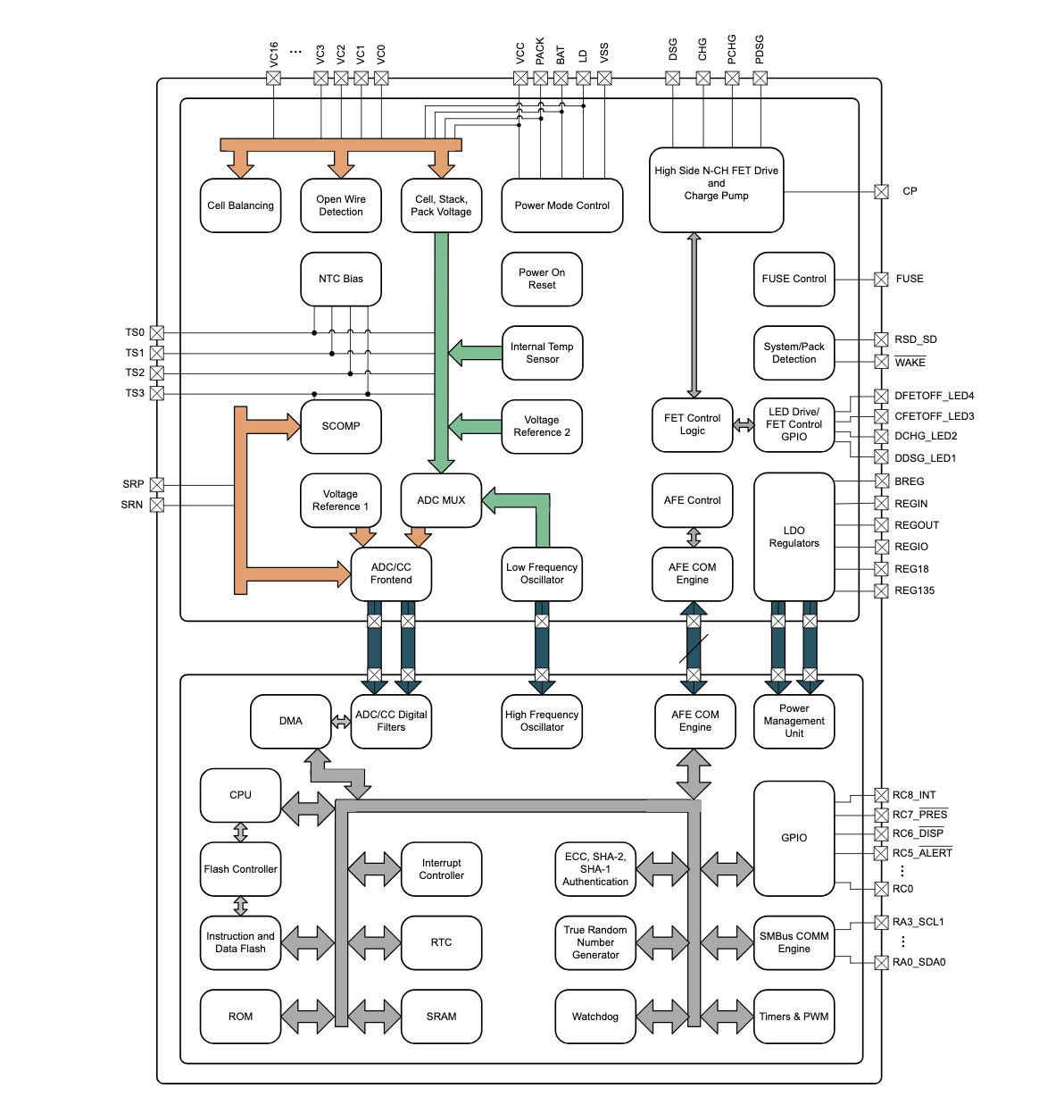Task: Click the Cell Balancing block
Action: coord(240,205)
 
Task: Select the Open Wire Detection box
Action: coord(341,205)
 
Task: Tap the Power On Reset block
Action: coord(542,279)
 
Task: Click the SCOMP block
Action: coord(341,426)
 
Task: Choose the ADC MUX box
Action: coord(441,500)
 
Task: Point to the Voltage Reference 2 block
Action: coord(542,426)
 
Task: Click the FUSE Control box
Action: coord(794,279)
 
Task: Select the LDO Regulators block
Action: coord(794,537)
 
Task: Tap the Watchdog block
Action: coord(595,1017)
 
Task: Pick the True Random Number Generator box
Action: coord(595,942)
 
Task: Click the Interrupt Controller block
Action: coord(441,869)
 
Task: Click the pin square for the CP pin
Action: coord(881,191)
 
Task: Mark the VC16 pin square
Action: coord(274,79)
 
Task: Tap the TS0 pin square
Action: coord(157,333)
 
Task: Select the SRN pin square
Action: coord(157,505)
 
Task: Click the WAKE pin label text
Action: coord(910,362)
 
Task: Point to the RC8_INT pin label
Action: coord(914,795)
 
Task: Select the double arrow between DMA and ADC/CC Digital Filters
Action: coord(341,722)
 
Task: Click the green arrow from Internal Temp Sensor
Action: coord(475,352)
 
